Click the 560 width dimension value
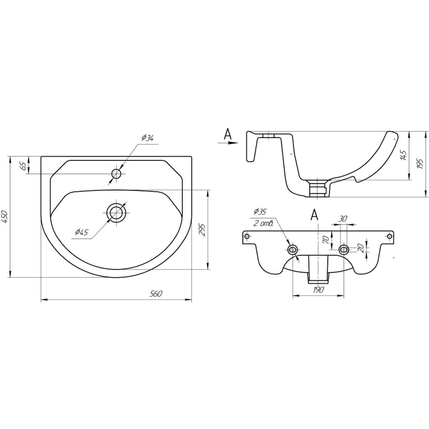156,294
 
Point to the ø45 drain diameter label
82,232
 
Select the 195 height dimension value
420,164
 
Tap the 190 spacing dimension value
318,290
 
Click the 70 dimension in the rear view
326,239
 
